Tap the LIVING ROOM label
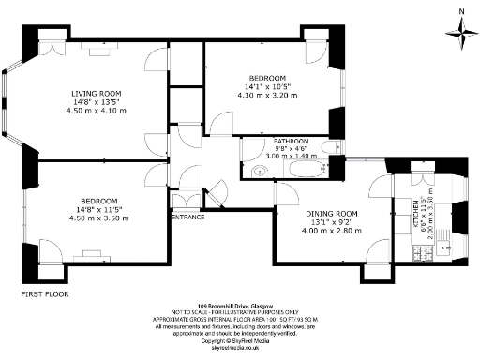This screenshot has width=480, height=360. coord(98,93)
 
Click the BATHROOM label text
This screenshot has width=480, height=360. coord(266,141)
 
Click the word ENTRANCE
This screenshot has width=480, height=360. coord(187,217)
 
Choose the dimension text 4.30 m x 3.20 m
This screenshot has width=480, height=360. coord(267,95)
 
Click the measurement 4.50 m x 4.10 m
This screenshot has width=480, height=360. coord(98,111)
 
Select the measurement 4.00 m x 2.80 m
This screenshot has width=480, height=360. coord(323,231)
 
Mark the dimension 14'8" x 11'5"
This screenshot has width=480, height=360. coord(98,210)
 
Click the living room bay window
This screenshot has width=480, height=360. coord(9,103)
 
